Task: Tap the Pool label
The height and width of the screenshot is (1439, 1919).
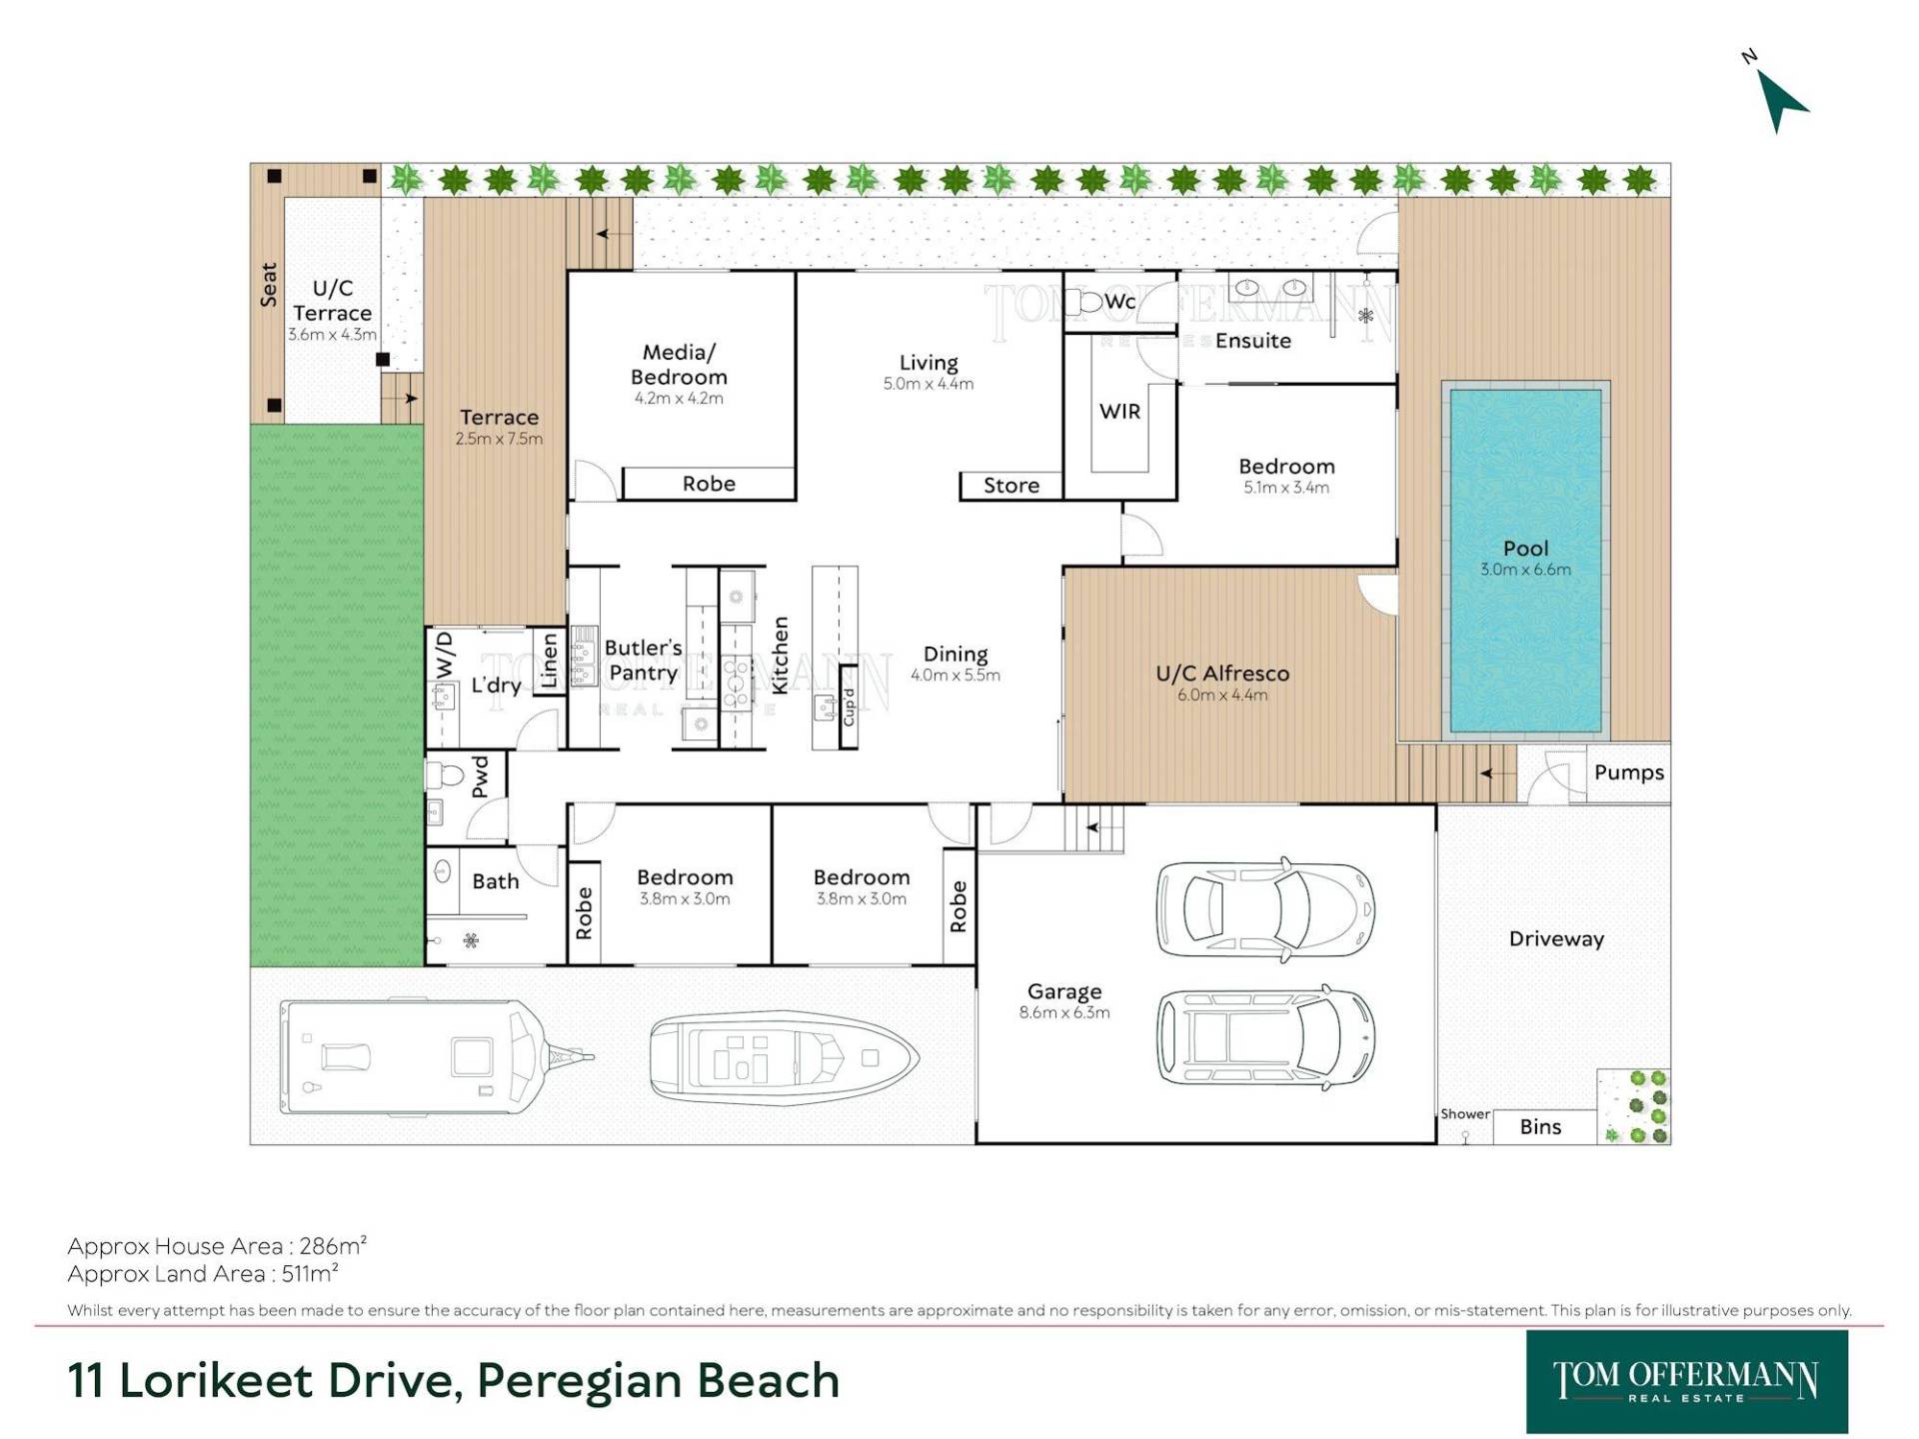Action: click(1525, 548)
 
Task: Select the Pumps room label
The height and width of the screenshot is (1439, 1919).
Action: click(1629, 772)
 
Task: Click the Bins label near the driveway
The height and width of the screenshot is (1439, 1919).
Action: click(1540, 1126)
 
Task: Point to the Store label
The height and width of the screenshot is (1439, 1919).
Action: click(1011, 486)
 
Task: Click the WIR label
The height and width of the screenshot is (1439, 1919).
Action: click(1119, 411)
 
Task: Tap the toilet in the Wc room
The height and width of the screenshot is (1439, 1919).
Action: click(1082, 301)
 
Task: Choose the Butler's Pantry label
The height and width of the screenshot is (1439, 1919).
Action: click(643, 660)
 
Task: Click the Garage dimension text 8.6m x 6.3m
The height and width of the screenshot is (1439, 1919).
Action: click(1064, 1012)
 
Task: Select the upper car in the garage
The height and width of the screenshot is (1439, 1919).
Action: click(1265, 909)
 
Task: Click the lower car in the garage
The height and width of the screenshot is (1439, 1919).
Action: click(1265, 1036)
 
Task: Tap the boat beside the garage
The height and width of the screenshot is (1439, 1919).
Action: click(784, 1058)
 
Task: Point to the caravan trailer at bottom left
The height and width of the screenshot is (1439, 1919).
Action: click(437, 1057)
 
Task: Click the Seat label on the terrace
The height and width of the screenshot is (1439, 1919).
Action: click(269, 284)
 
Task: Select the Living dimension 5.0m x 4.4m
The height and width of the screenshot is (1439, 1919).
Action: click(929, 384)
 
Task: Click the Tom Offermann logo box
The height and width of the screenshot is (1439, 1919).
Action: click(1687, 1382)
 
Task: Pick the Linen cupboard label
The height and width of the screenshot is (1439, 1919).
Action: click(549, 661)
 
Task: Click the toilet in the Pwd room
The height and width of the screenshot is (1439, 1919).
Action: click(443, 775)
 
